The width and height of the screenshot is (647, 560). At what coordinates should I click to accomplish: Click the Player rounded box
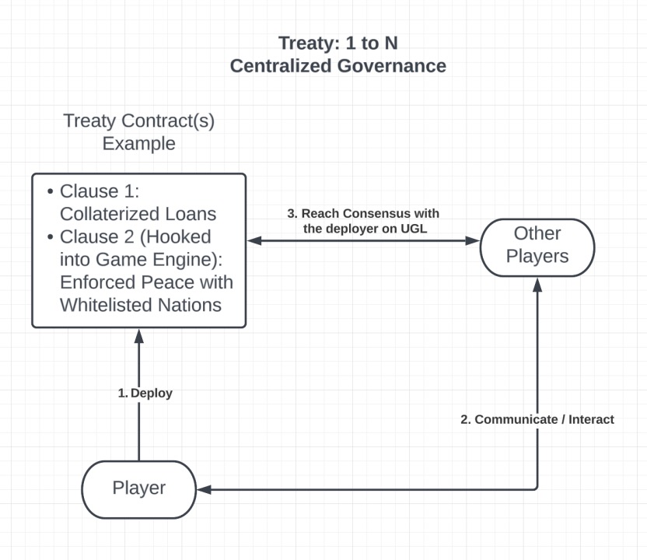pyautogui.click(x=139, y=488)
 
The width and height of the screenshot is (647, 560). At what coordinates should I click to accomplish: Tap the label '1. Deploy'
pyautogui.click(x=145, y=394)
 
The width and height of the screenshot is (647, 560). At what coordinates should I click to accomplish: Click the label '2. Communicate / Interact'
pyautogui.click(x=537, y=419)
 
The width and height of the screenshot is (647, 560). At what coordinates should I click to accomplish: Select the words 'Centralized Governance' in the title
pyautogui.click(x=337, y=66)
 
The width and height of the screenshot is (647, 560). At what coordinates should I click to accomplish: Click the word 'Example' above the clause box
pyautogui.click(x=139, y=144)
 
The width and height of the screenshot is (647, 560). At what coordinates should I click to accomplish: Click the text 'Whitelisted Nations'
pyautogui.click(x=141, y=304)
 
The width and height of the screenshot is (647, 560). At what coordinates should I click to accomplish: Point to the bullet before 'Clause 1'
pyautogui.click(x=51, y=191)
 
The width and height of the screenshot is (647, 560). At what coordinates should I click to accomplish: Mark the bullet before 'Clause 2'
pyautogui.click(x=51, y=236)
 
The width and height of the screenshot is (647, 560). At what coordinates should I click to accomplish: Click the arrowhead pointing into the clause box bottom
pyautogui.click(x=139, y=334)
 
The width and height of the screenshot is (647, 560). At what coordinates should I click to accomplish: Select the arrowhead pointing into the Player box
pyautogui.click(x=204, y=489)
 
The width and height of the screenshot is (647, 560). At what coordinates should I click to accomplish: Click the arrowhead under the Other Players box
pyautogui.click(x=537, y=284)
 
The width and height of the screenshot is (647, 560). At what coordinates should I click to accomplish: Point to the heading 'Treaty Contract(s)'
pyautogui.click(x=138, y=122)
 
